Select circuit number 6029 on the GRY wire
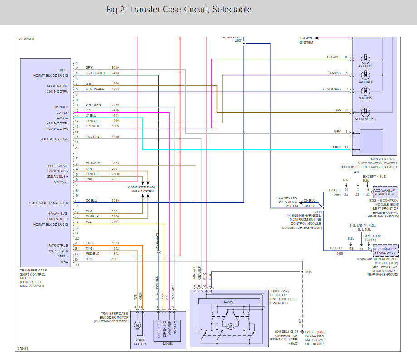tap(115, 68)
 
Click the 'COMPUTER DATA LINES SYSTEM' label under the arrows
tap(141, 189)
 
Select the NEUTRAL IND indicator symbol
tap(365, 111)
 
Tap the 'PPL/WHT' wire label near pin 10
tap(334, 58)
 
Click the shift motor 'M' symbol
tap(137, 325)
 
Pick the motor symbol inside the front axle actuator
tap(230, 326)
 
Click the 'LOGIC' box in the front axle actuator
tap(229, 301)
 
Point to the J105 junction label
tap(309, 272)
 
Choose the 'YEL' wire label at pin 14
tap(88, 222)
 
